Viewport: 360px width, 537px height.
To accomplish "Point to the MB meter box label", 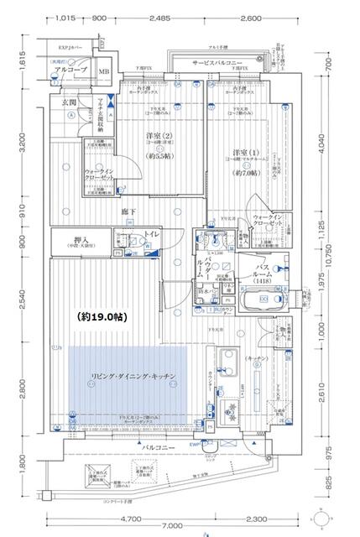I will (103, 72).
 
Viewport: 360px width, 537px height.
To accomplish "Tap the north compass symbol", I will (334, 513).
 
